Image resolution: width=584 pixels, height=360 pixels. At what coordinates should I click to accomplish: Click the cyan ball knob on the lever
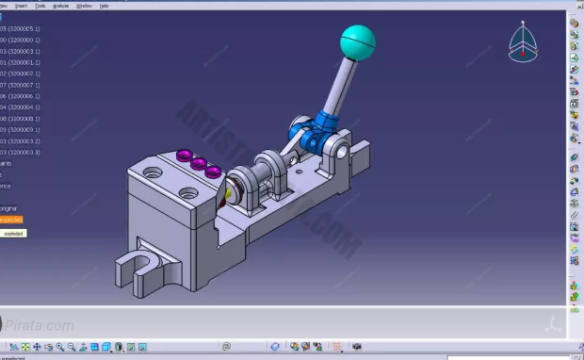pyautogui.click(x=357, y=41)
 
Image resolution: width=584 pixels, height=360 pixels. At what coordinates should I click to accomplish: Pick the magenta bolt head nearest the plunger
pyautogui.click(x=215, y=172)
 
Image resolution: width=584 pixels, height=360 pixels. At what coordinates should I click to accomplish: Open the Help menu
pyautogui.click(x=104, y=5)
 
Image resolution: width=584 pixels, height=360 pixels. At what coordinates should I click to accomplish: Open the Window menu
pyautogui.click(x=84, y=5)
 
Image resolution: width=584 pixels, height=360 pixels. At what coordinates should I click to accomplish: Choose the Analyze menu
pyautogui.click(x=60, y=5)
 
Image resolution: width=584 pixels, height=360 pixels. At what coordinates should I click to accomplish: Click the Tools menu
pyautogui.click(x=40, y=5)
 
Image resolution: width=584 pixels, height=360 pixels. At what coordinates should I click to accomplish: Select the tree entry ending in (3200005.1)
pyautogui.click(x=21, y=28)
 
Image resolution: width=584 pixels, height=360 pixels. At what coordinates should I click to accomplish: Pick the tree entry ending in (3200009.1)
pyautogui.click(x=21, y=130)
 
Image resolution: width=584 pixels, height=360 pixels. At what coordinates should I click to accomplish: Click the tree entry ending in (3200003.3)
pyautogui.click(x=21, y=153)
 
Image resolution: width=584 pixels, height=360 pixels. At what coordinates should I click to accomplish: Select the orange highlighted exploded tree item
pyautogui.click(x=10, y=220)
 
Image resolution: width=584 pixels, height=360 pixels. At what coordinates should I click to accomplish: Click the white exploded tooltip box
pyautogui.click(x=13, y=233)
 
